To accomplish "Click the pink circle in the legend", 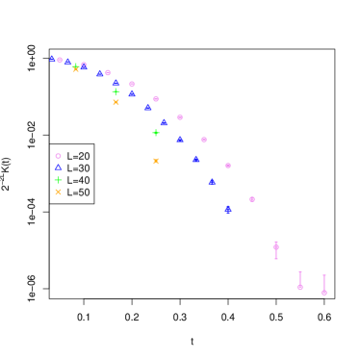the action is click(58, 156).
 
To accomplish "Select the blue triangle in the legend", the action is click(58, 167).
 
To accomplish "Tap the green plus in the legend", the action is click(58, 180).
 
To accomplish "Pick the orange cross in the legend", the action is click(58, 193).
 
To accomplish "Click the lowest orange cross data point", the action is click(156, 162).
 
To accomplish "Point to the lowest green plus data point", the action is click(156, 133).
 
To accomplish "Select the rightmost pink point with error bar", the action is click(324, 292).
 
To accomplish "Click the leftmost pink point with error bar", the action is click(276, 247).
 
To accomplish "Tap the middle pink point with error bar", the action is click(300, 286).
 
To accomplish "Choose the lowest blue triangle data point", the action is click(228, 209).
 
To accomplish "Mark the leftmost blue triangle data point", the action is click(52, 59).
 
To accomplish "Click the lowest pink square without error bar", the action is click(252, 199).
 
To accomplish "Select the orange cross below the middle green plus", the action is click(116, 102).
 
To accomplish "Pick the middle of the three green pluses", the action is click(116, 92).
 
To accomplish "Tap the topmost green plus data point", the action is click(76, 67).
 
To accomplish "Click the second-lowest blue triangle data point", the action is click(212, 181).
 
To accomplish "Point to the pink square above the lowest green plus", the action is click(156, 99).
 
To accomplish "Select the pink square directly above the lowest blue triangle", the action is click(228, 166).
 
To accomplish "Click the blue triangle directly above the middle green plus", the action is click(116, 83).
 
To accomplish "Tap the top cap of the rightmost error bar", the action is click(324, 275).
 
